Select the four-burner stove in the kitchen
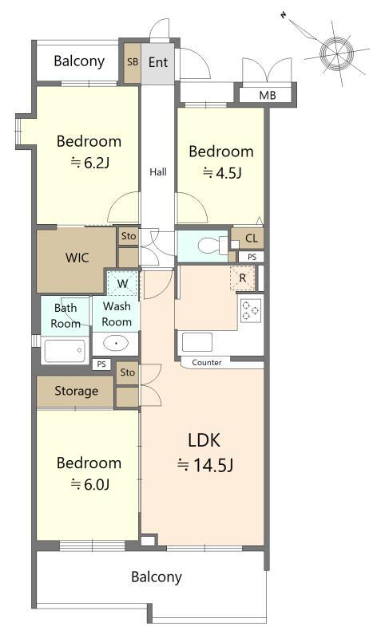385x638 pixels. tap(250, 310)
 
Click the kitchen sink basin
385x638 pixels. tap(197, 342)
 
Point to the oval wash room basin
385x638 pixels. tap(116, 343)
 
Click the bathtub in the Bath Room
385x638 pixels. tap(65, 351)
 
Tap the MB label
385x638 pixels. tap(268, 96)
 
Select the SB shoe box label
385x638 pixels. tap(133, 62)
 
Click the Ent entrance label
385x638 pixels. tap(158, 62)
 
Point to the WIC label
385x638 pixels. tap(77, 258)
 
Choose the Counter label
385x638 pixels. tap(207, 362)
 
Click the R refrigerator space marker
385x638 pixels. tap(242, 278)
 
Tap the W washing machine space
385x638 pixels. tap(123, 283)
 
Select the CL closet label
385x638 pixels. tap(252, 238)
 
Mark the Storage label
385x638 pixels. tap(77, 391)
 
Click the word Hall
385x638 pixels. tap(158, 172)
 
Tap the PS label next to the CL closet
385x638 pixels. tap(252, 257)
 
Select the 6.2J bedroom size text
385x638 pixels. tap(89, 163)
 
